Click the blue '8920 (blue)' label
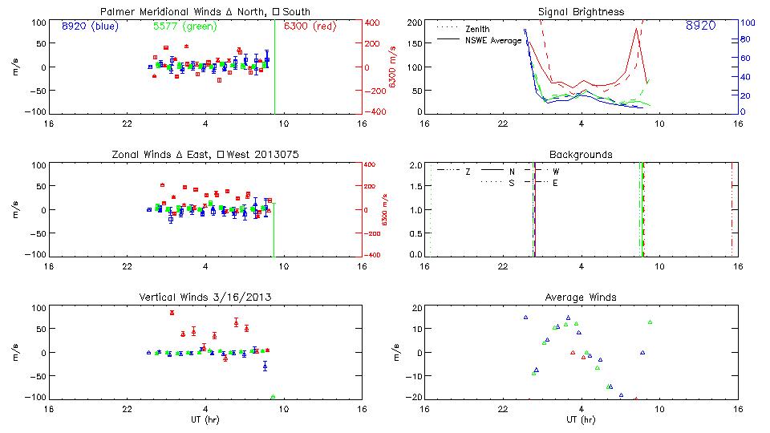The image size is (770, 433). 89,26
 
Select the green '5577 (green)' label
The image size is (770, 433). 182,26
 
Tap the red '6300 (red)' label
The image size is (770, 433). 310,26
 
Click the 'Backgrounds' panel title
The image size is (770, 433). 581,154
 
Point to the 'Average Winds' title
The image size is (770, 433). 581,297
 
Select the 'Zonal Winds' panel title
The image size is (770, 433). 205,154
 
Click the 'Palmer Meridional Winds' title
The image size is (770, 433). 205,12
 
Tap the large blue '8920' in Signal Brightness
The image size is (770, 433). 700,26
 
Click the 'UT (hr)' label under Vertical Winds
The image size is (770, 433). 205,420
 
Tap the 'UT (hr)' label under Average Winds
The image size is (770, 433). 581,420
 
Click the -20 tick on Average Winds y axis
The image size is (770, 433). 416,397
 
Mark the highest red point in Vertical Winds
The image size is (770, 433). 172,313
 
